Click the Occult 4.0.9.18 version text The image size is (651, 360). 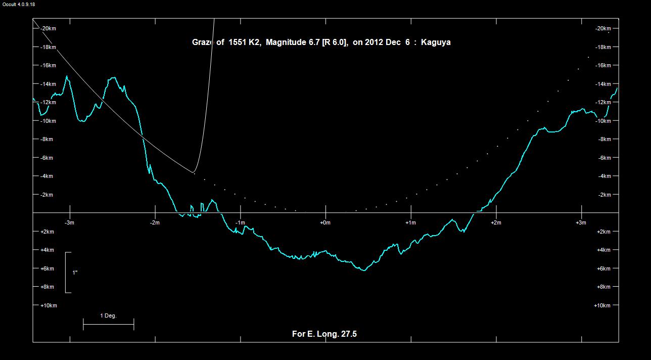(x=19, y=4)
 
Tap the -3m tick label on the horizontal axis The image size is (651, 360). (x=70, y=223)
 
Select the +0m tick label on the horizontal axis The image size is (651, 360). (x=325, y=223)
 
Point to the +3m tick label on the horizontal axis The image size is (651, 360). (x=581, y=223)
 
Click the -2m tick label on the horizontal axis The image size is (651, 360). (x=155, y=223)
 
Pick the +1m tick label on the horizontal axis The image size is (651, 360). (x=410, y=223)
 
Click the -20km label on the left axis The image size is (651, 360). (x=48, y=28)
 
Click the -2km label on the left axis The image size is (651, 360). (x=46, y=195)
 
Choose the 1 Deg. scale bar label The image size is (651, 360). (x=108, y=316)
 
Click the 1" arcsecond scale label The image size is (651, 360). (x=75, y=273)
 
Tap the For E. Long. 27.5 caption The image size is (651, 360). (x=324, y=334)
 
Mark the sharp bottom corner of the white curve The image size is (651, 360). (x=194, y=172)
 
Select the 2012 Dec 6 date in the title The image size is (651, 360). (x=389, y=42)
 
